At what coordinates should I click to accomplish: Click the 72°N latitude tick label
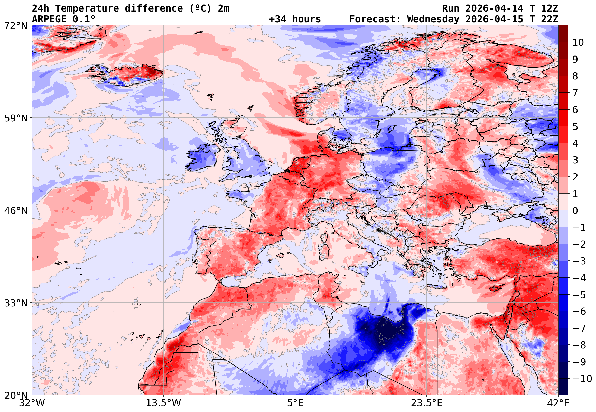pyautogui.click(x=16, y=25)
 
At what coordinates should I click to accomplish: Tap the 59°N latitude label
pyautogui.click(x=16, y=118)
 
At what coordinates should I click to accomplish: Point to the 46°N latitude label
pyautogui.click(x=16, y=211)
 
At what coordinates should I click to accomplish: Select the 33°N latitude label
pyautogui.click(x=16, y=303)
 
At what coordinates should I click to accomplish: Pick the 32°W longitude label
pyautogui.click(x=32, y=403)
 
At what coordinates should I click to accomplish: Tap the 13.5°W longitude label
pyautogui.click(x=164, y=403)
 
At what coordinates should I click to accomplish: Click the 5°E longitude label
pyautogui.click(x=295, y=403)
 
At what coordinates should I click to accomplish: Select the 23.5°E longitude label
pyautogui.click(x=426, y=403)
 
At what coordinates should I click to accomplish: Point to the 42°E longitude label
pyautogui.click(x=558, y=403)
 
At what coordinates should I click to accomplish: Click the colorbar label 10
pyautogui.click(x=578, y=43)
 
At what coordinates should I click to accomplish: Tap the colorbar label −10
pyautogui.click(x=582, y=379)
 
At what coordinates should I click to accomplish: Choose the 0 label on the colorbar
pyautogui.click(x=575, y=211)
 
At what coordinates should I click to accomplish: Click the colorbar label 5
pyautogui.click(x=575, y=127)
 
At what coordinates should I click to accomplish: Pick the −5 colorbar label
pyautogui.click(x=579, y=295)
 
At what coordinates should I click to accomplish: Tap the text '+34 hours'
pyautogui.click(x=295, y=19)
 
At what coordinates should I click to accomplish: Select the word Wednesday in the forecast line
pyautogui.click(x=433, y=19)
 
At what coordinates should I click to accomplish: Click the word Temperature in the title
pyautogui.click(x=87, y=8)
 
